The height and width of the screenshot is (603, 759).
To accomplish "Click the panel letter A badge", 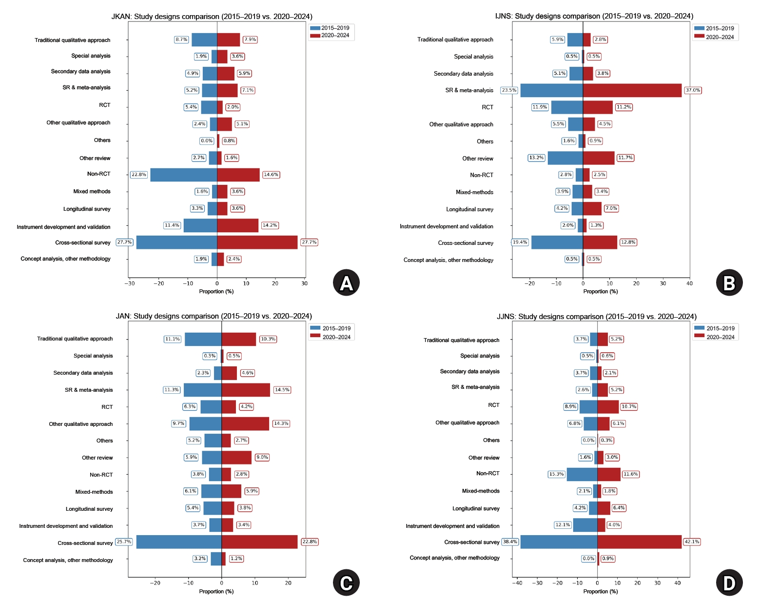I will (x=346, y=282).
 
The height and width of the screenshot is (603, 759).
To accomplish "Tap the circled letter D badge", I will (x=729, y=583).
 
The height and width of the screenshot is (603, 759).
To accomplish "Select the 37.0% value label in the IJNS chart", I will (x=692, y=90).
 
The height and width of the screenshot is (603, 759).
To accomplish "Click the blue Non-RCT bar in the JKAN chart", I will (x=183, y=175).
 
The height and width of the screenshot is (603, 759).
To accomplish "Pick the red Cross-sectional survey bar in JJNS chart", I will (x=639, y=542).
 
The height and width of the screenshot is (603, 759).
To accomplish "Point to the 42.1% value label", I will (x=692, y=542).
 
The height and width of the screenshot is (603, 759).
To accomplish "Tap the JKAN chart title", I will (x=212, y=17).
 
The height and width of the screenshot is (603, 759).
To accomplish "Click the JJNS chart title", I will (x=596, y=317).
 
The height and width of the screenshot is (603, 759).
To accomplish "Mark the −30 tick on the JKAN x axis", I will (x=130, y=283).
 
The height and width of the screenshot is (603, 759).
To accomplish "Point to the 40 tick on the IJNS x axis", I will (x=689, y=283).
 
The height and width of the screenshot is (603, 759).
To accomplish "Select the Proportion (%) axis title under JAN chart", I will (x=216, y=591).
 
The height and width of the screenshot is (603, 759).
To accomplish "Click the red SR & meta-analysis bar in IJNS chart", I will (x=632, y=90).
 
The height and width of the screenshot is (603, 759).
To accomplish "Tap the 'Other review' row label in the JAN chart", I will (x=97, y=458).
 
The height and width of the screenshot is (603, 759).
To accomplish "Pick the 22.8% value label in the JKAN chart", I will (x=138, y=175).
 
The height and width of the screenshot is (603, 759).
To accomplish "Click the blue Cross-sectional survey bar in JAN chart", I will (x=178, y=542).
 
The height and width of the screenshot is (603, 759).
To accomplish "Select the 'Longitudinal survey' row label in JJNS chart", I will (x=476, y=508).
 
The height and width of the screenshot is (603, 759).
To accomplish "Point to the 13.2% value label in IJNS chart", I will (x=536, y=158).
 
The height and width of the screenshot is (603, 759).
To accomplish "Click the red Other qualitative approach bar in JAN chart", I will (x=245, y=423).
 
